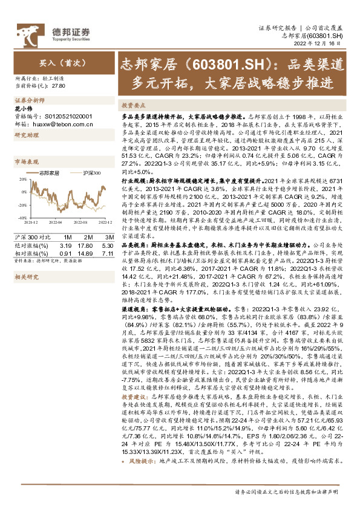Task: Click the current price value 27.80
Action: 59,86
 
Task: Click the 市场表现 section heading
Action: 27,162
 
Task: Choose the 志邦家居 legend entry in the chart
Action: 49,173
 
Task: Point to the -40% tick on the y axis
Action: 21,217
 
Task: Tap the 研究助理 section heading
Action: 27,135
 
